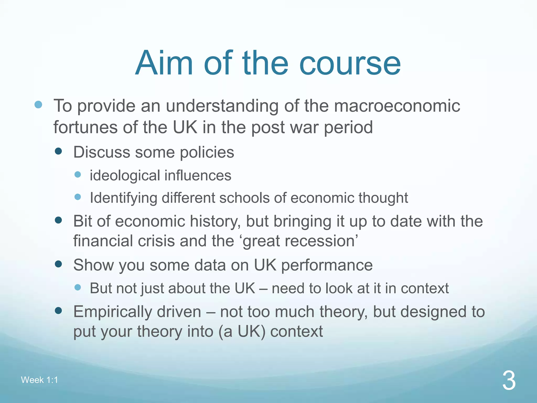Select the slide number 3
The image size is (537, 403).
pyautogui.click(x=509, y=381)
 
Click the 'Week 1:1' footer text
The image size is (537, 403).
pyautogui.click(x=39, y=380)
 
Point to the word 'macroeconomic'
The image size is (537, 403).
pyautogui.click(x=397, y=106)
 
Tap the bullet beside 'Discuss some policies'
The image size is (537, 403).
pyautogui.click(x=58, y=151)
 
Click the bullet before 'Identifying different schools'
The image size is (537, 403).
pyautogui.click(x=78, y=197)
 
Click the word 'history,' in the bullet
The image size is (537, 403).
pyautogui.click(x=215, y=221)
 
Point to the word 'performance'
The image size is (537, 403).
pyautogui.click(x=327, y=265)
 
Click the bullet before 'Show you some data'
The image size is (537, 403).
pyautogui.click(x=58, y=264)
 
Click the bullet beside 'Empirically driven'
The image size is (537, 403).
pyautogui.click(x=58, y=311)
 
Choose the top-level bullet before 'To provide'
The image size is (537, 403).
pyautogui.click(x=38, y=105)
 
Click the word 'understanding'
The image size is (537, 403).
pyautogui.click(x=222, y=106)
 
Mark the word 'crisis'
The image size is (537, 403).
pyautogui.click(x=156, y=241)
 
